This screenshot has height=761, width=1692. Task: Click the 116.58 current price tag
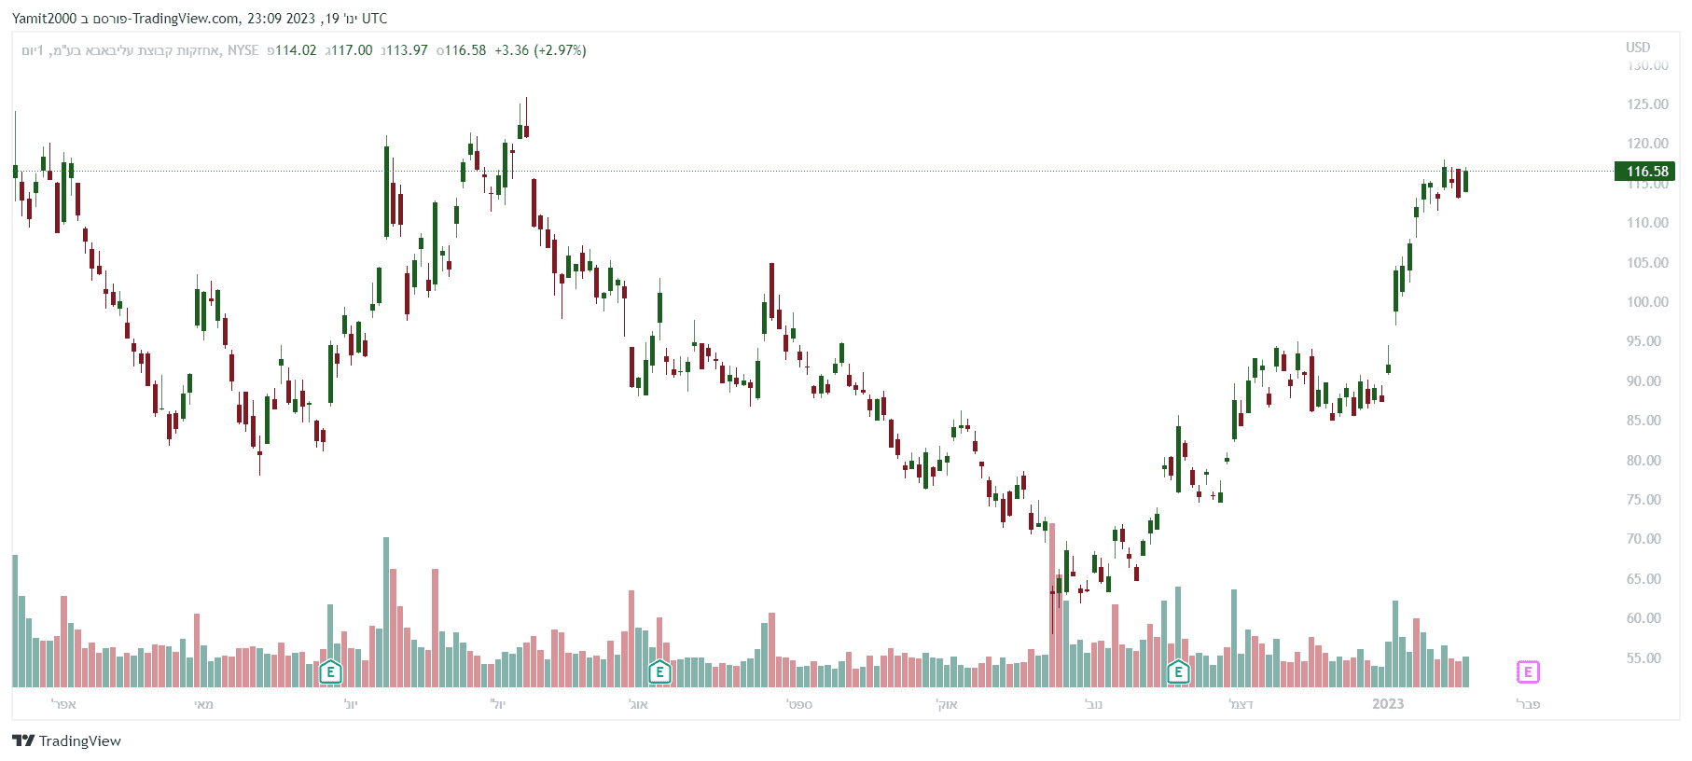1646,172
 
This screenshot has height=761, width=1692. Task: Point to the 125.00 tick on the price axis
1647,104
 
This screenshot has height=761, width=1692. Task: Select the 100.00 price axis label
1647,302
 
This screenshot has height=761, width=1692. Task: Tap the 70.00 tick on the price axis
1647,539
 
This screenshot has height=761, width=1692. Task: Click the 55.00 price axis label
1647,658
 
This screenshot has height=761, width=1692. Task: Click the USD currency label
1638,48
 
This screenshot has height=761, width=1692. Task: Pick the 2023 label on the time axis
1388,704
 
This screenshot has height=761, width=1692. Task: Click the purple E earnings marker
1527,671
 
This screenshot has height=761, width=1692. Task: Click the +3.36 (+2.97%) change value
540,50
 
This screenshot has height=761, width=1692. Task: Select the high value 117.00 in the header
352,50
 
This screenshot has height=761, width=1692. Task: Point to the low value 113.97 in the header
407,50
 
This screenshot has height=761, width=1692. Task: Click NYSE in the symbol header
243,50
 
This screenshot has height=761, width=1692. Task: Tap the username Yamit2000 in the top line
44,19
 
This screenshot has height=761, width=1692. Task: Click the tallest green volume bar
386,611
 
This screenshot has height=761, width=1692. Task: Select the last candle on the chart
1465,181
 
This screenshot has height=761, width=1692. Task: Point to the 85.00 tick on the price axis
1647,421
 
